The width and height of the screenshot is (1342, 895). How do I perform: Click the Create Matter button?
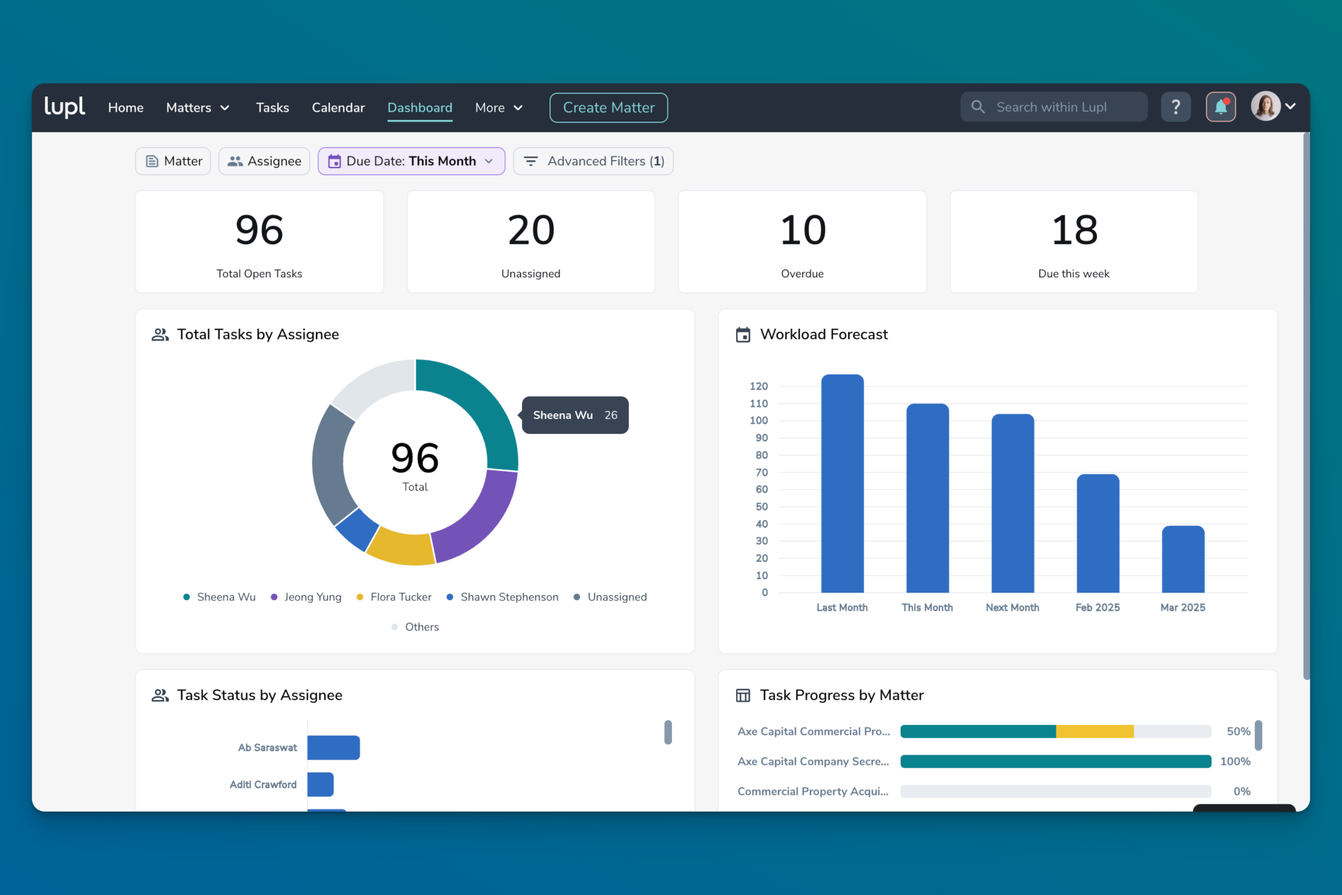click(608, 107)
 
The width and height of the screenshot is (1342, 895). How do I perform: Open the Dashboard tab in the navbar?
click(419, 107)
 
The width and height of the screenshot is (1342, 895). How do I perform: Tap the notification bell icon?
click(1220, 107)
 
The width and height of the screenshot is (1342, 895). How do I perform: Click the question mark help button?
click(1175, 107)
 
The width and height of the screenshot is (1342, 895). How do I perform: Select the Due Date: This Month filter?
click(411, 161)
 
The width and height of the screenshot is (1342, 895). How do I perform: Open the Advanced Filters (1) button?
click(593, 161)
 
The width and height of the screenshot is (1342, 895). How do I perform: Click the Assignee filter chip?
click(264, 161)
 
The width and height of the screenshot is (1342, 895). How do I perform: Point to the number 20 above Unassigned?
click(531, 230)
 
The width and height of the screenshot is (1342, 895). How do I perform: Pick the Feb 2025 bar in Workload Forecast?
click(1098, 533)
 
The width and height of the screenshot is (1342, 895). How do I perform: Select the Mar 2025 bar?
click(1183, 559)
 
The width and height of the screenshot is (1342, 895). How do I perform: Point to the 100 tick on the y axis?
click(759, 420)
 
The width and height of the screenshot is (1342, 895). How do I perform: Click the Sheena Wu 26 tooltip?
click(575, 415)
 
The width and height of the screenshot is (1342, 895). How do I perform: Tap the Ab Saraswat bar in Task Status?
click(333, 747)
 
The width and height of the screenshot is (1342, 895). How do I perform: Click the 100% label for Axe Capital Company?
click(1235, 761)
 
